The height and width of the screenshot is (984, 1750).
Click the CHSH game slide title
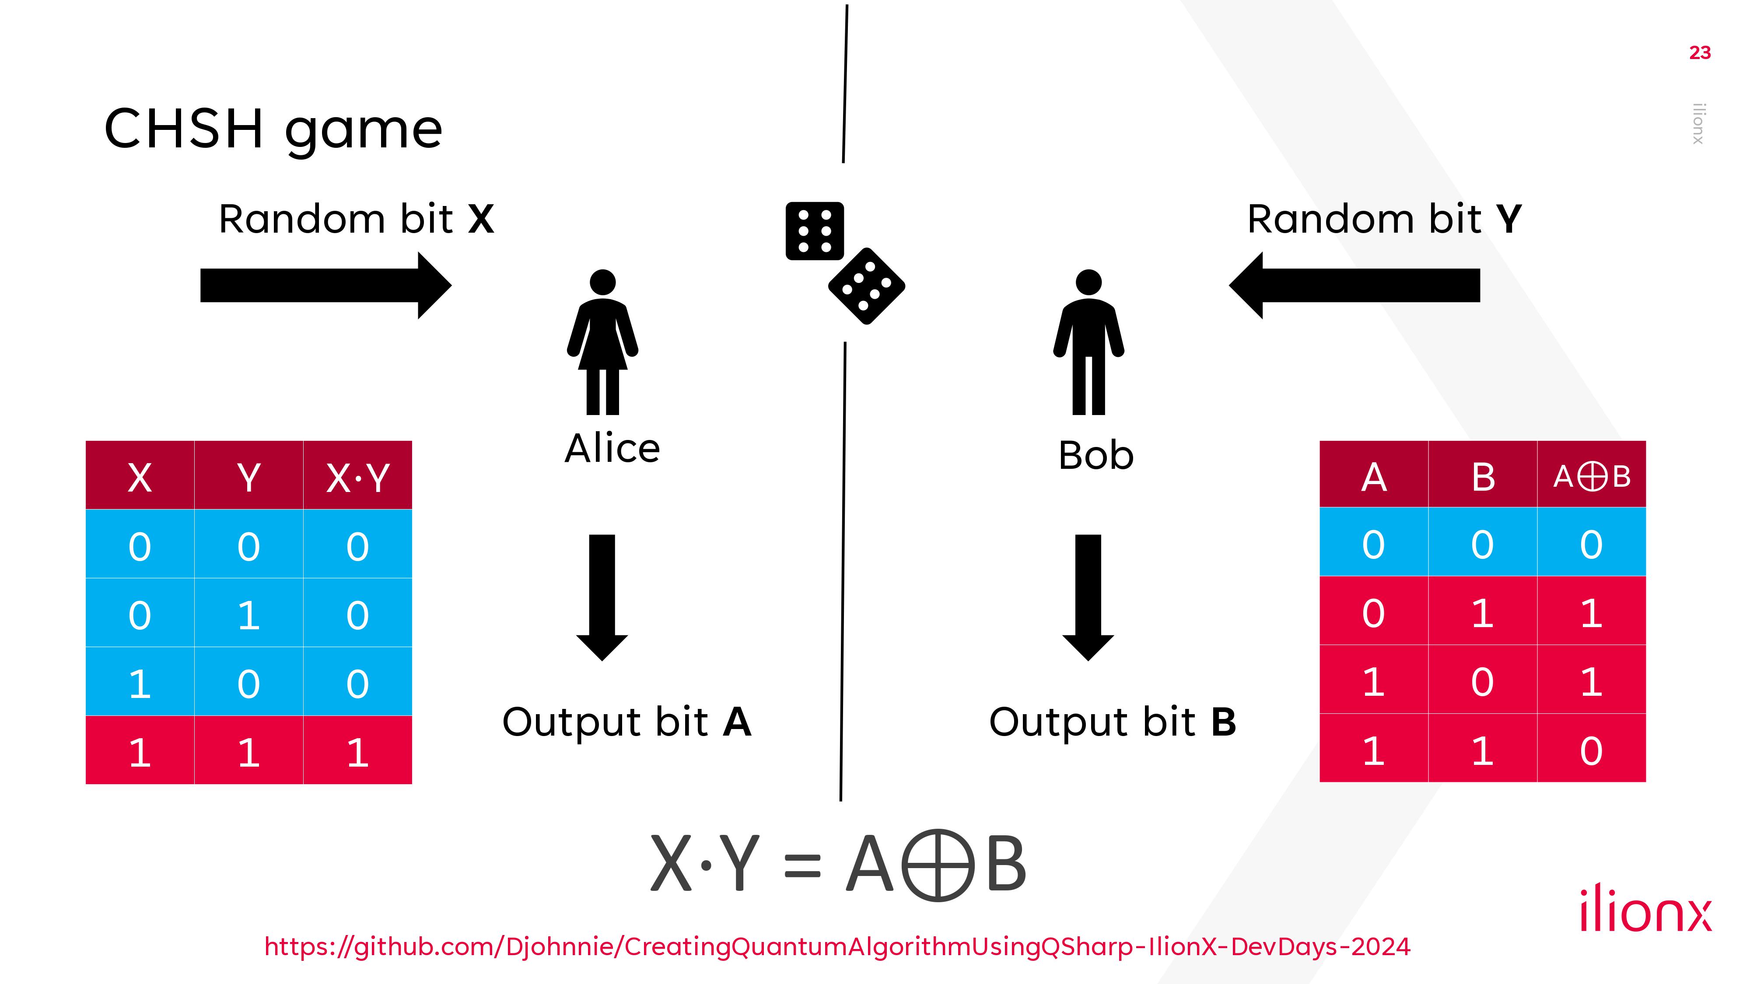273,129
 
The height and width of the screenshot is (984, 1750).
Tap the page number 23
1700,53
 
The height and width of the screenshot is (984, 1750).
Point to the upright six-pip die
815,231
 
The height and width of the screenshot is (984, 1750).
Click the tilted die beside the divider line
866,286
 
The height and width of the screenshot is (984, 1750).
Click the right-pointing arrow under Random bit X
325,285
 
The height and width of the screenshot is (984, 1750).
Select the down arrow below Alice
602,597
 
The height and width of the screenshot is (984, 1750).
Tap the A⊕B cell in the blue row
1591,544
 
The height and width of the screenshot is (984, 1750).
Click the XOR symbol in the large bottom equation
938,865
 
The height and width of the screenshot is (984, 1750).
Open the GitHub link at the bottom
837,946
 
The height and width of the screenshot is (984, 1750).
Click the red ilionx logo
1645,908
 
